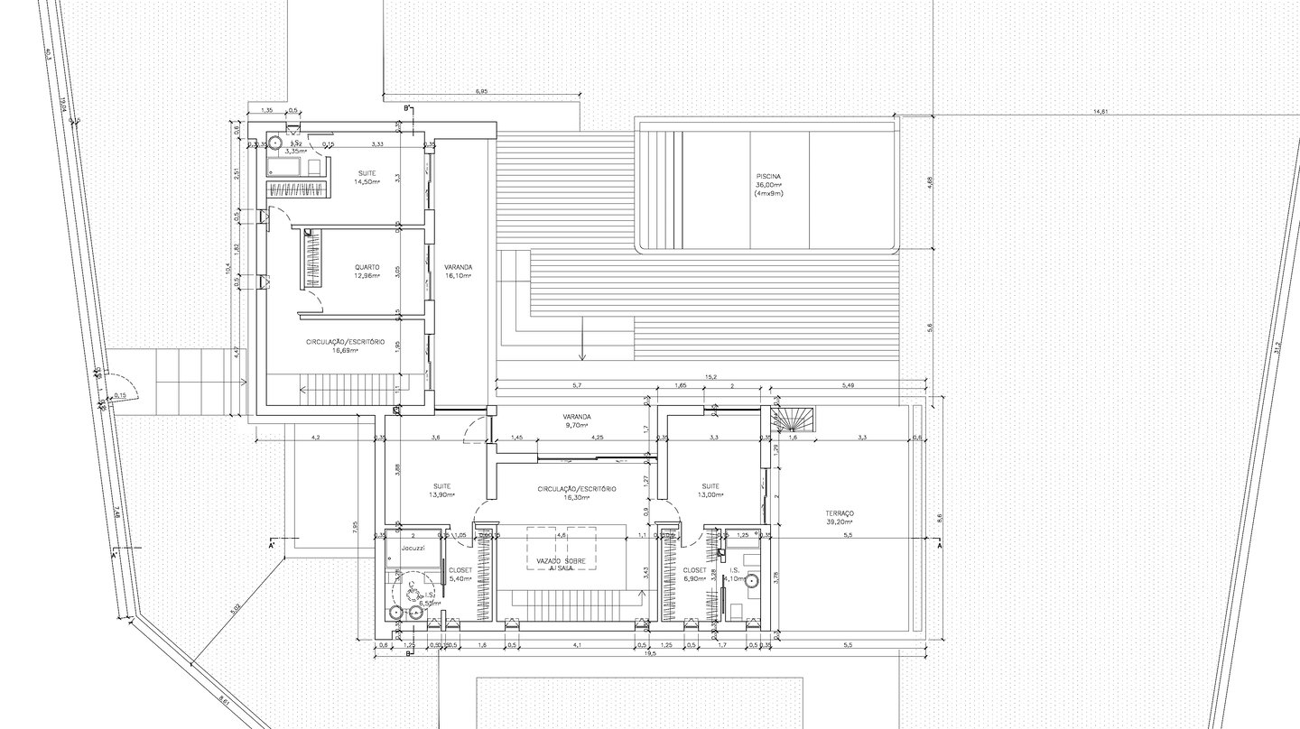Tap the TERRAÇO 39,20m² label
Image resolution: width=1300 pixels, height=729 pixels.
(839, 517)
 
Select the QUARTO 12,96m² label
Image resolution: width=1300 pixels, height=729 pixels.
(367, 271)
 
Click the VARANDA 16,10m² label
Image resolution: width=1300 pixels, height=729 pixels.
(458, 272)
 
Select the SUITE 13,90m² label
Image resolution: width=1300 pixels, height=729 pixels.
(441, 490)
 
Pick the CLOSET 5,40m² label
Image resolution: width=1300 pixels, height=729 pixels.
(459, 574)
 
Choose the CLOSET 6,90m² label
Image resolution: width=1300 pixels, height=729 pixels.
(694, 574)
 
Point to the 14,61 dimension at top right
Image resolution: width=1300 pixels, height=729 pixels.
(1100, 112)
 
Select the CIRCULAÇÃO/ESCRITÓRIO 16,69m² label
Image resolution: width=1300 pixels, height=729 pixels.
(346, 346)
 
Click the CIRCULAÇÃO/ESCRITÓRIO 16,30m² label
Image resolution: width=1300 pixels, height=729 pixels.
(576, 493)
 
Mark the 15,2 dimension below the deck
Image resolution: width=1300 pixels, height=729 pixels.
(711, 378)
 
